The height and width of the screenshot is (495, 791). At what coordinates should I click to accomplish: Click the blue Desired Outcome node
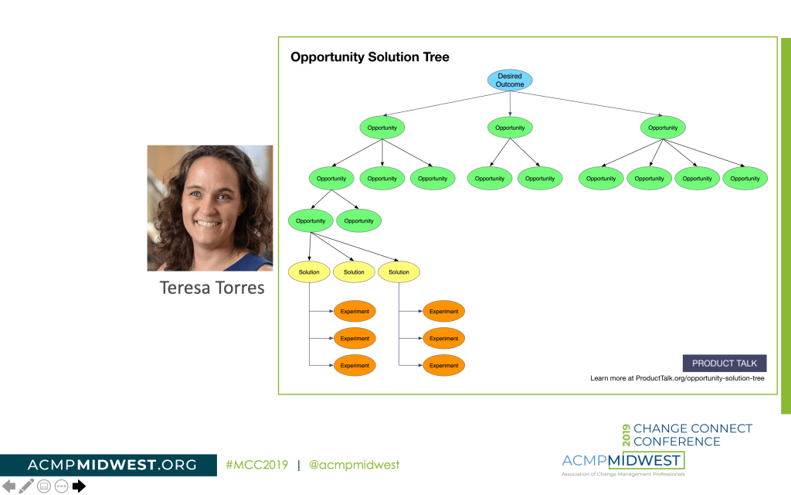[x=510, y=80]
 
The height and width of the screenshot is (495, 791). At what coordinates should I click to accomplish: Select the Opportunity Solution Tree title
[x=369, y=57]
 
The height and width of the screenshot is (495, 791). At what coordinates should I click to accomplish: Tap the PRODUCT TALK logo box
[x=724, y=364]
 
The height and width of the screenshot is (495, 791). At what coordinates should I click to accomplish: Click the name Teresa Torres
[x=212, y=288]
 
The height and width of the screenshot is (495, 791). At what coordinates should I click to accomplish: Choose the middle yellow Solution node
[x=354, y=272]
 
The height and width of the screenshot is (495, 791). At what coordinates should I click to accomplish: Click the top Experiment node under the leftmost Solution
[x=355, y=312]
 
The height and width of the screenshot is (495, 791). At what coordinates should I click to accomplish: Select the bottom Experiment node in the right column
[x=443, y=365]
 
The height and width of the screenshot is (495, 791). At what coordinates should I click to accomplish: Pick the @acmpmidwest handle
[x=354, y=465]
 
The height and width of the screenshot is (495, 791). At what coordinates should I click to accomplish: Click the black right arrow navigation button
[x=79, y=486]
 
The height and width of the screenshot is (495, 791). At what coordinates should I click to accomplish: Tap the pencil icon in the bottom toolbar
[x=26, y=486]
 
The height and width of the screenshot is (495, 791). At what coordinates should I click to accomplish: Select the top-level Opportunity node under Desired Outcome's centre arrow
[x=510, y=128]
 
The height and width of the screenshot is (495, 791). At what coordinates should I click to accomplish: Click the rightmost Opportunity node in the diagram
[x=745, y=179]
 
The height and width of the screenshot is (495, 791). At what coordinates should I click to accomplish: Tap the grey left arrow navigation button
[x=8, y=486]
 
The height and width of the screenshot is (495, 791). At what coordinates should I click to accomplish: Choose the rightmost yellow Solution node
[x=399, y=272]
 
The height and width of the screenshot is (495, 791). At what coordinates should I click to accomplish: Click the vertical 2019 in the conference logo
[x=626, y=435]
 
